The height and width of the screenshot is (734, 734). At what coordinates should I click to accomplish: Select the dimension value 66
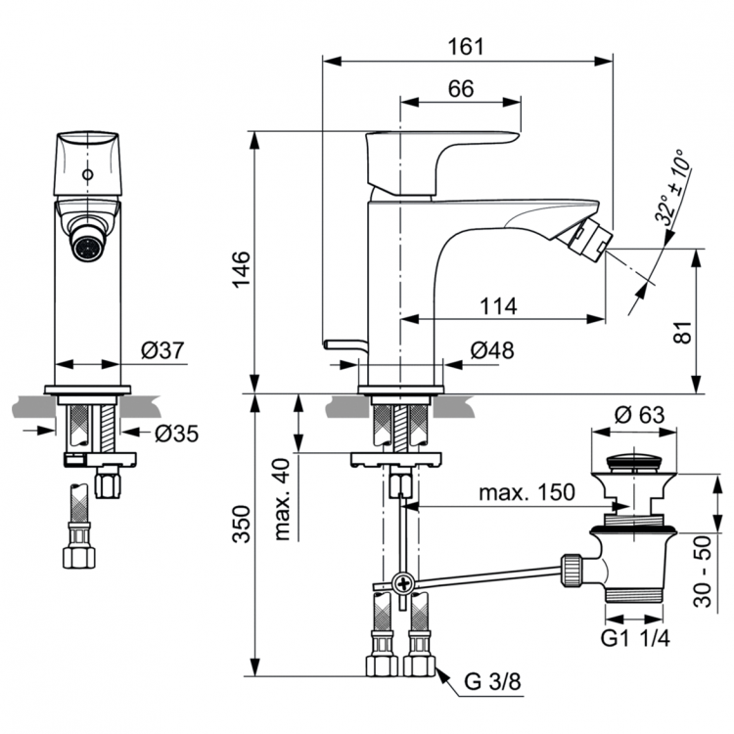click(x=460, y=88)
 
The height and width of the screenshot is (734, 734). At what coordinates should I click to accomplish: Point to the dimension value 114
click(x=497, y=305)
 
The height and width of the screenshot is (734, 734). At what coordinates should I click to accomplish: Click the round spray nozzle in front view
click(x=87, y=245)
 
